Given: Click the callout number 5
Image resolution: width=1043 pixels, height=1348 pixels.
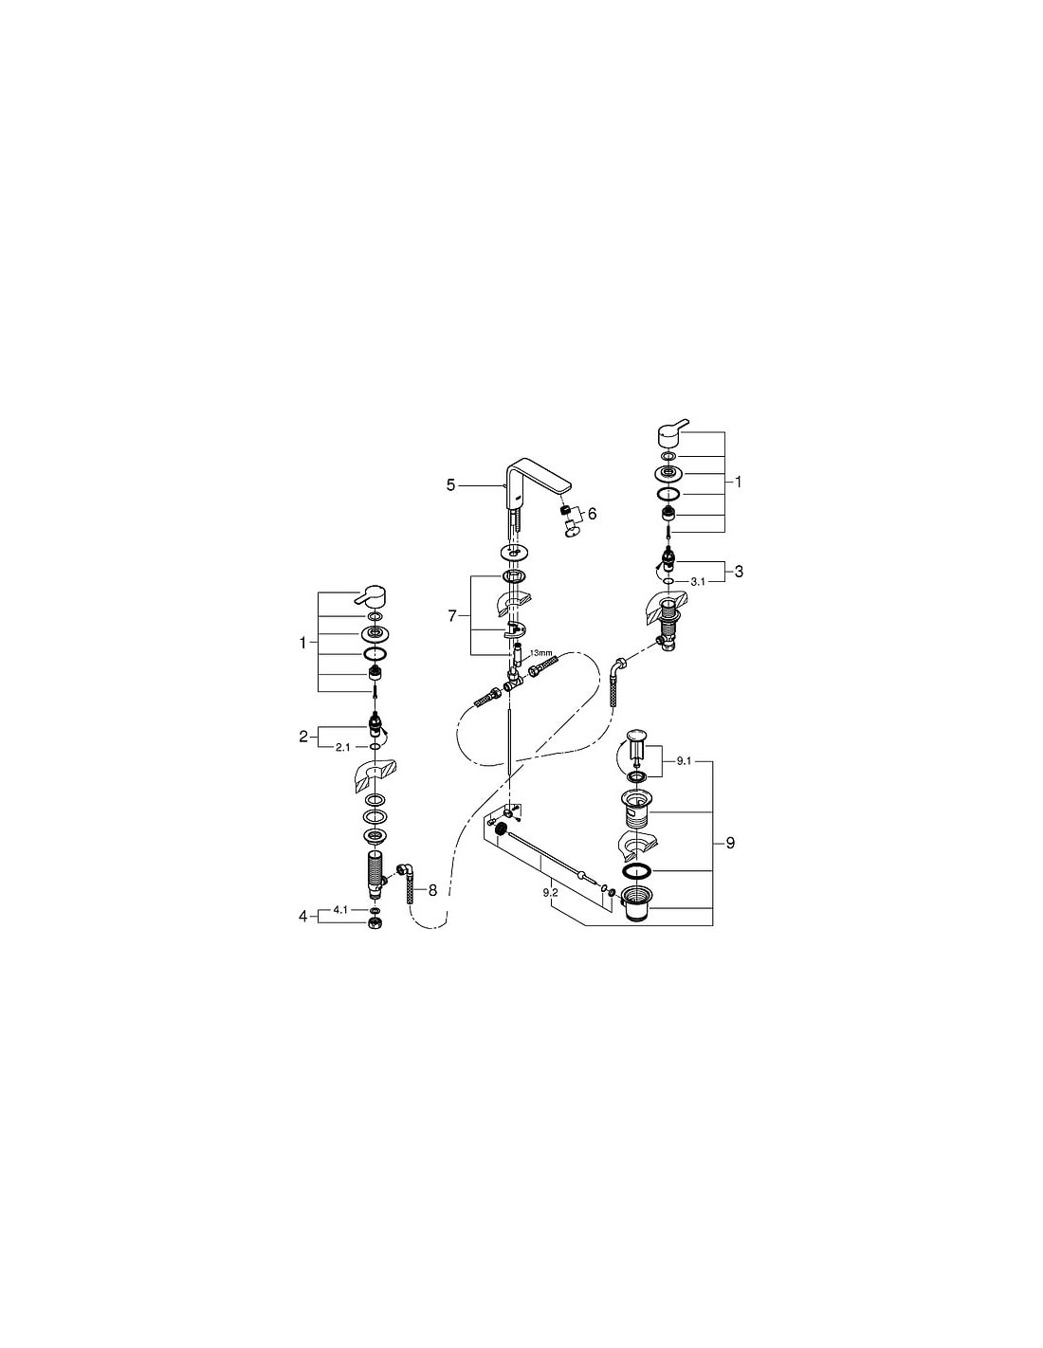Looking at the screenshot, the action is click(x=450, y=485).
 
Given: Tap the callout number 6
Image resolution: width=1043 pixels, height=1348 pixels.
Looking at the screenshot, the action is click(x=592, y=514).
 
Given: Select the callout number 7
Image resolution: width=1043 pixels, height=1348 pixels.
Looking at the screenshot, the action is click(x=451, y=616).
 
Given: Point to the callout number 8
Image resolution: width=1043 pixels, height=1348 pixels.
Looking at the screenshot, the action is click(x=432, y=890).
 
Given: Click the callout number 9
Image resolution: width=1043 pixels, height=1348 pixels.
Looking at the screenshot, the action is click(x=730, y=843).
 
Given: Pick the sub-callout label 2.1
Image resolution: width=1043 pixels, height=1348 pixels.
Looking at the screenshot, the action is click(x=343, y=748).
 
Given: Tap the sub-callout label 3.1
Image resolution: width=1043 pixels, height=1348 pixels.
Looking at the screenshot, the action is click(x=698, y=582).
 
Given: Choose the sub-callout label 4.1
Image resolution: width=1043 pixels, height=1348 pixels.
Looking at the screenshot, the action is click(x=340, y=909).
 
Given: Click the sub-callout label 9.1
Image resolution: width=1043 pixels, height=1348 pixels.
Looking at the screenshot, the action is click(x=683, y=761).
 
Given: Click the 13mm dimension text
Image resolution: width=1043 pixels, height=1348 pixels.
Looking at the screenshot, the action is click(x=540, y=653).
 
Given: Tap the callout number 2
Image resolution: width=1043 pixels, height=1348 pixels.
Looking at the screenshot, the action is click(x=302, y=737).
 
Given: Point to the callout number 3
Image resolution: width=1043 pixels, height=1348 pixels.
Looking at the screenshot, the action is click(x=739, y=572).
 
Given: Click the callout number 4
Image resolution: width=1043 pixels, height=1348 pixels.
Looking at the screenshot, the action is click(x=302, y=916).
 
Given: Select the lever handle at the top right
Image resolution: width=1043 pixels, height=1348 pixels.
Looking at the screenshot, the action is click(x=672, y=432).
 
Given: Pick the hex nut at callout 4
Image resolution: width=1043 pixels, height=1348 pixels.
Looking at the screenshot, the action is click(x=375, y=922).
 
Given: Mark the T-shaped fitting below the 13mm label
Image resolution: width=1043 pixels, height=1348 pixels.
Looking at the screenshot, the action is click(x=514, y=680).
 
